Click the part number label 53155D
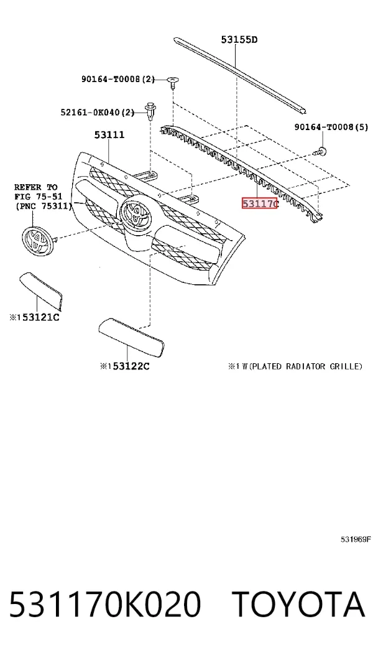pos(239,40)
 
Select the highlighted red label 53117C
pos(259,204)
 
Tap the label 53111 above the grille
pos(109,135)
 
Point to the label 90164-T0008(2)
pos(118,78)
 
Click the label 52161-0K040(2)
pos(98,112)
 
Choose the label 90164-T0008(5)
pos(331,127)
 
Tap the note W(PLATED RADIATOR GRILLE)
pos(305,366)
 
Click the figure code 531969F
pos(356,539)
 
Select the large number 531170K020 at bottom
pos(105,605)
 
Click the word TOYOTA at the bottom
pos(298,605)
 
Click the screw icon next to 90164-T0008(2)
pos(173,82)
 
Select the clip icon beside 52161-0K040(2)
pos(150,111)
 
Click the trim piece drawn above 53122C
pos(131,337)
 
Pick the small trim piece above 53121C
pos(41,290)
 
